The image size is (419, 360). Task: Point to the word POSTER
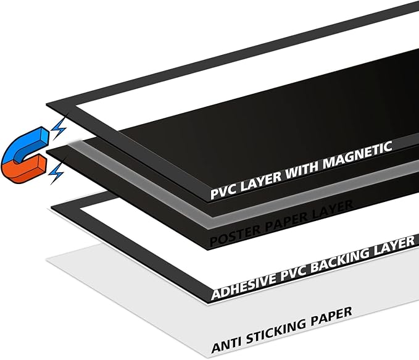pos(234,234)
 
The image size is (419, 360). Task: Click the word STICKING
pos(276,330)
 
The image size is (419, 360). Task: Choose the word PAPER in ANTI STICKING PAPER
pos(331,316)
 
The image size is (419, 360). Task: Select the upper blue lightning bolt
pos(59,128)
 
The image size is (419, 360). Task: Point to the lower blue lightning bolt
pos(56,174)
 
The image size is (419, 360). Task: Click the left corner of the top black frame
pos(46,104)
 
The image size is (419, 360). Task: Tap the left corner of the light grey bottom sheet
pos(47,260)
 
